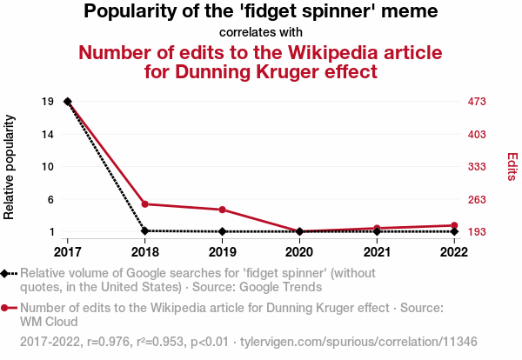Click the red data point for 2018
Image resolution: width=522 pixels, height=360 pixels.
pyautogui.click(x=145, y=204)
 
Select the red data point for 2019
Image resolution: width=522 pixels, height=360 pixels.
pyautogui.click(x=223, y=210)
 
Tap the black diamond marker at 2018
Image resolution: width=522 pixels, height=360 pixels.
pyautogui.click(x=145, y=231)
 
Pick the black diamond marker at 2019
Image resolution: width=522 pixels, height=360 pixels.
pyautogui.click(x=223, y=231)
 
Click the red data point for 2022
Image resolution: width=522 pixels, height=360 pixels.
pyautogui.click(x=454, y=226)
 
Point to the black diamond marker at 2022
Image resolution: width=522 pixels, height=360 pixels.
pyautogui.click(x=454, y=231)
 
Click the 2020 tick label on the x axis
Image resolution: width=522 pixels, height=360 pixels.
pyautogui.click(x=299, y=251)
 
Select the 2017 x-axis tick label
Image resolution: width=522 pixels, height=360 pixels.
pyautogui.click(x=68, y=251)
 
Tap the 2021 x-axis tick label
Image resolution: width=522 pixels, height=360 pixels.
pyautogui.click(x=377, y=251)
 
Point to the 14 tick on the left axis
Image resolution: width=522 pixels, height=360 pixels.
pyautogui.click(x=48, y=134)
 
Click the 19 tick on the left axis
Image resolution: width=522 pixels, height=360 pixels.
pyautogui.click(x=48, y=102)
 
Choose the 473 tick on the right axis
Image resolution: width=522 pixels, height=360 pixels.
pyautogui.click(x=478, y=102)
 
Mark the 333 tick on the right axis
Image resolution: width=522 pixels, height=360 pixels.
pyautogui.click(x=478, y=167)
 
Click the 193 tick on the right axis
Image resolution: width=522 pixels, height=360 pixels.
pyautogui.click(x=478, y=232)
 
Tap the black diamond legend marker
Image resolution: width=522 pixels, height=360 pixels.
pyautogui.click(x=6, y=273)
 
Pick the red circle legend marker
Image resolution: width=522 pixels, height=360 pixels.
pyautogui.click(x=6, y=308)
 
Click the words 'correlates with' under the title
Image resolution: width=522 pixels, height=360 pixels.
pyautogui.click(x=261, y=32)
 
